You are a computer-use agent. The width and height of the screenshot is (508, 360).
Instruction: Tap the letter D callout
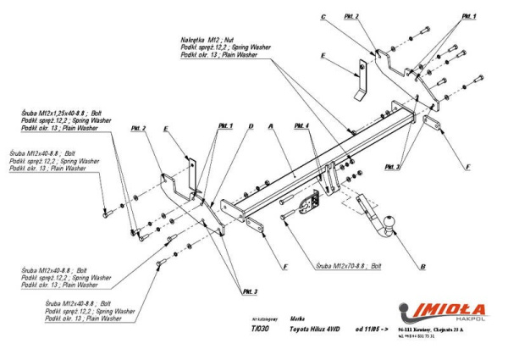click(251, 125)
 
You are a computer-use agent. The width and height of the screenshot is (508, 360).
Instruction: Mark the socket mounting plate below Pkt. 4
click(306, 203)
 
